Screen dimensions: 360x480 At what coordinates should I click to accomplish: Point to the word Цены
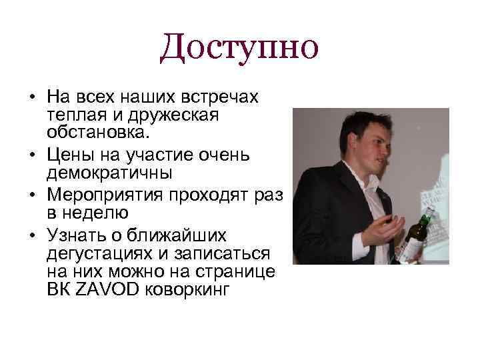pyautogui.click(x=69, y=156)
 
